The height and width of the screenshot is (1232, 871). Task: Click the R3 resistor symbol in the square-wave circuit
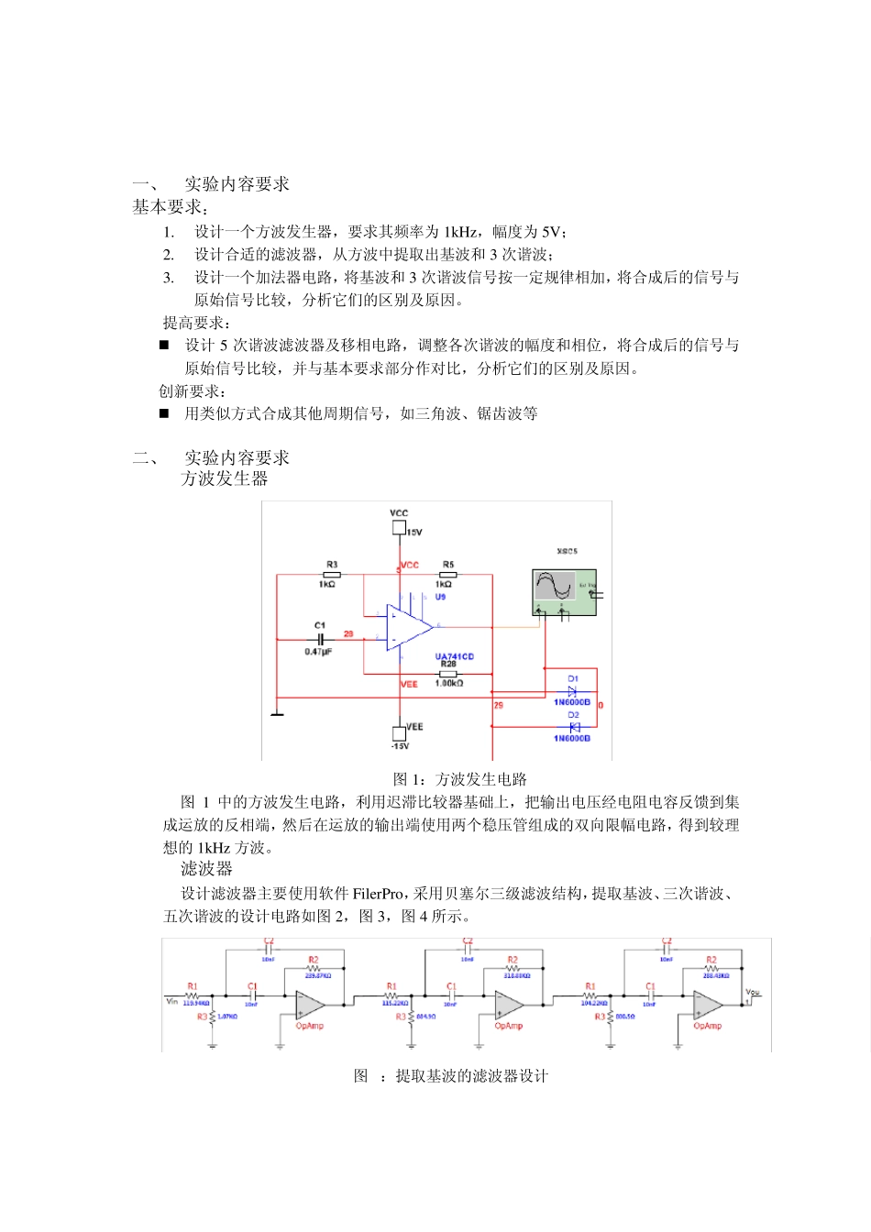331,575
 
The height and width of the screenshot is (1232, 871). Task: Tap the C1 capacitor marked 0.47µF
320,638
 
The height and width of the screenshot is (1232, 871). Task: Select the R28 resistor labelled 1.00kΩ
447,674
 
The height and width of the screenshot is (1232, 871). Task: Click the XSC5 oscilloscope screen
555,586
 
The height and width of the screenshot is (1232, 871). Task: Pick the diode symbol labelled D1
573,691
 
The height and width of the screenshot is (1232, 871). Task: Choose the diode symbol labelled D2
573,727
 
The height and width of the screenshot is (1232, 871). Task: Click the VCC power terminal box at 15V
399,527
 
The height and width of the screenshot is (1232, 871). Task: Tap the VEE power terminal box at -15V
399,732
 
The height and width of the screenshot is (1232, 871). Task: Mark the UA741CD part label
454,656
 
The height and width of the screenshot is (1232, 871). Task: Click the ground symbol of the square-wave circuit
277,709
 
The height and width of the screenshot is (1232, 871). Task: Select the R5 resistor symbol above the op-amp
447,575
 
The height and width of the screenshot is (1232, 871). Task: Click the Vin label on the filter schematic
171,1001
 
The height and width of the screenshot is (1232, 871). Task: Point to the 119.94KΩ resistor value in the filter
196,1004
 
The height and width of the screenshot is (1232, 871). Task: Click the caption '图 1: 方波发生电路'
459,779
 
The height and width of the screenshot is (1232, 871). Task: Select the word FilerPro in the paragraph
378,894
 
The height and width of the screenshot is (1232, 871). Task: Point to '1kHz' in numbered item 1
461,232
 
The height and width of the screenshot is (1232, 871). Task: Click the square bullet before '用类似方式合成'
164,413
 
